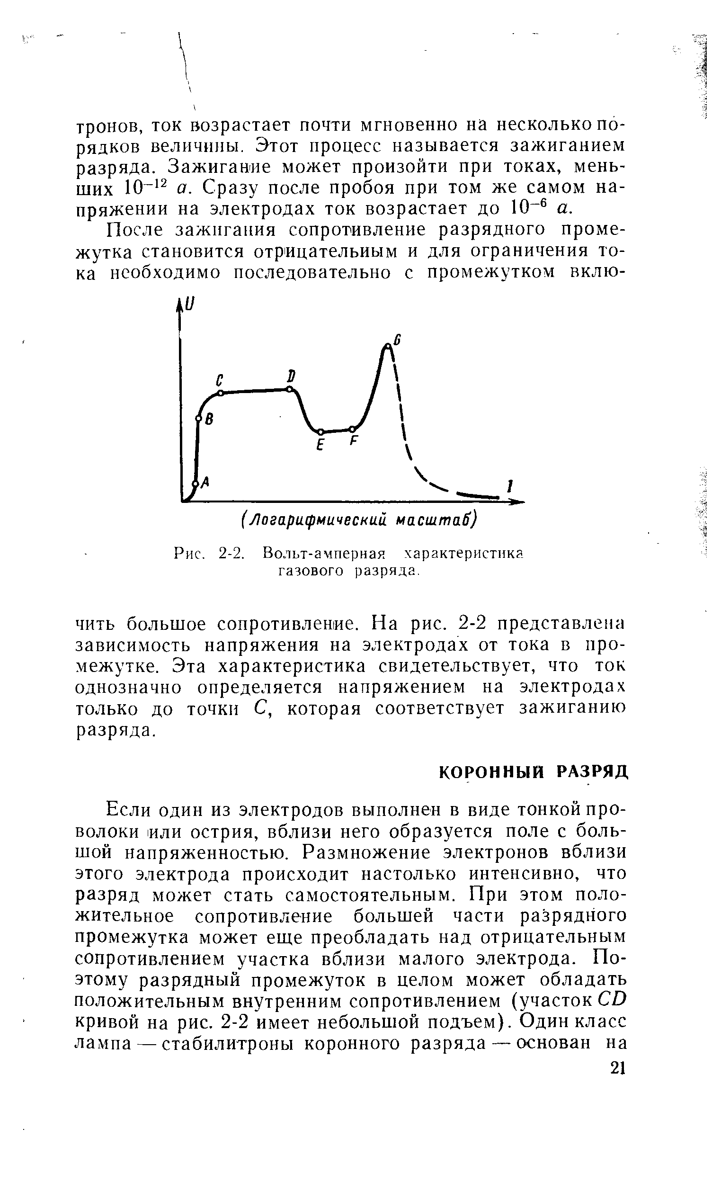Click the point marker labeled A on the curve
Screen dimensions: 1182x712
coord(195,484)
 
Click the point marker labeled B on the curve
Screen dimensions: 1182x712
coord(198,419)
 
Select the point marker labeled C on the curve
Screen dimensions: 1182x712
coord(221,394)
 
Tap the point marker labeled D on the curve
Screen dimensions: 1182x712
coord(289,389)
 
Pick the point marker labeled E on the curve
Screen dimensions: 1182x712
coord(320,432)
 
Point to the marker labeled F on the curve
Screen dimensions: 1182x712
coord(352,429)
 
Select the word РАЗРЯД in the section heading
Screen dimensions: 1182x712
coord(593,772)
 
